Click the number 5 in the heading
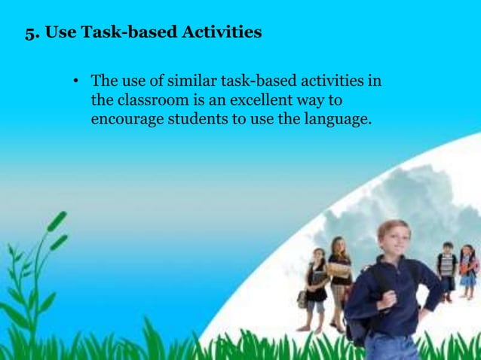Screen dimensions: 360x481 30,33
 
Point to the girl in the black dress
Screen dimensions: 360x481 317,286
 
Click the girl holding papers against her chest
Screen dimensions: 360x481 339,271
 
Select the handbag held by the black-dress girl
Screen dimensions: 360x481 303,299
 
